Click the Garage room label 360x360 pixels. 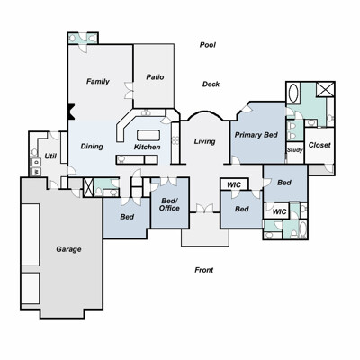point(68,249)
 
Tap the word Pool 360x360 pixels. point(208,45)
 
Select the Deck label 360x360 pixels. point(211,84)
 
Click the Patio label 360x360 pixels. point(155,77)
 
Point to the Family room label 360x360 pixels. point(98,81)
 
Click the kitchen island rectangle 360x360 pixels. point(148,135)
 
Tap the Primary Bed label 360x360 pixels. point(256,135)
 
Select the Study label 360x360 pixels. point(295,150)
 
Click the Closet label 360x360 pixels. point(319,145)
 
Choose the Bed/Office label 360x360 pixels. point(169,204)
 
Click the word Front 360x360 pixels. point(204,270)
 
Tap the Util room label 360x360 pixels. point(50,156)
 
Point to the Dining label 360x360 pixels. point(92,147)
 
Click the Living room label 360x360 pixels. point(204,141)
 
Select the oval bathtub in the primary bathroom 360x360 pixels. point(293,93)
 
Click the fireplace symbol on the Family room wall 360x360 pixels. point(71,112)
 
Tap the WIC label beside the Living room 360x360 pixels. point(234,184)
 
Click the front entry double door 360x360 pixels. point(205,209)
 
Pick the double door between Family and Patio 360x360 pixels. point(129,90)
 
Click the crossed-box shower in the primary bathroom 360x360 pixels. point(325,89)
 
